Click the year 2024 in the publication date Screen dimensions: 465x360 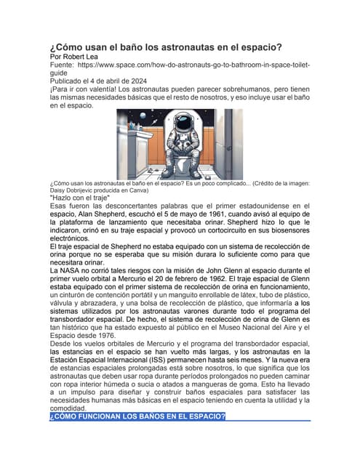(x=136, y=81)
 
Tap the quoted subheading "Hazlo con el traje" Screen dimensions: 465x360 (x=79, y=198)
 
